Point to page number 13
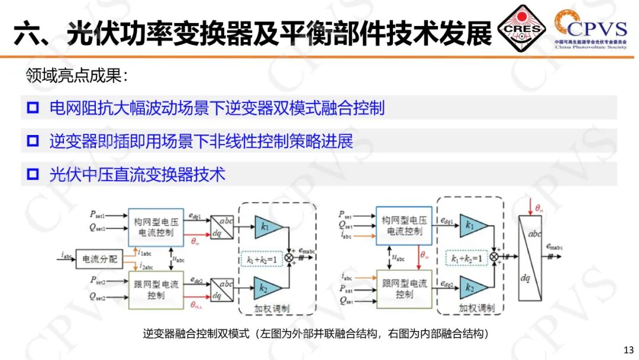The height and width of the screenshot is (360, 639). (628, 348)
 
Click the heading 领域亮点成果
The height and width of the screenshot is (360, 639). (78, 75)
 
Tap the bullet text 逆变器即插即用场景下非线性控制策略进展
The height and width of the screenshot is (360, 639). (201, 142)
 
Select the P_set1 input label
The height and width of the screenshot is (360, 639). (98, 214)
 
